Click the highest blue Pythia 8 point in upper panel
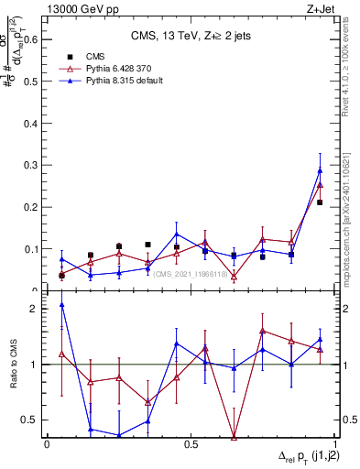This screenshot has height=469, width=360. click(320, 170)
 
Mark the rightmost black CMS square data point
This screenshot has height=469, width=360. click(320, 202)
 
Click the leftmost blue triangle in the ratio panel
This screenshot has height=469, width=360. click(61, 304)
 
